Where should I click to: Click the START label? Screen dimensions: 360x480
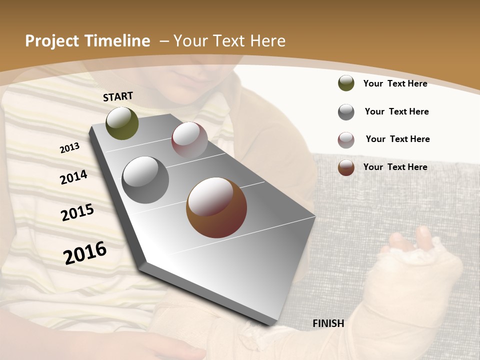pos(118,96)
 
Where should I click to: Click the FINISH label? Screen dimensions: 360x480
pos(328,323)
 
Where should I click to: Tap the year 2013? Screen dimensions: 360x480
pos(70,147)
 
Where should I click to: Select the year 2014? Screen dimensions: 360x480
pos(73,177)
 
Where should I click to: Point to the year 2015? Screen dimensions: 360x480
pos(77,212)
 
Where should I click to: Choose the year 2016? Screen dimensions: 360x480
pos(85,252)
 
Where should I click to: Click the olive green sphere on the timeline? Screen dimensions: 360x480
pos(122,123)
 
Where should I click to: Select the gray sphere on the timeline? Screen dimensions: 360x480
pos(145,180)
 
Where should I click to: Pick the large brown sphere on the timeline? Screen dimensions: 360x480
pos(216,207)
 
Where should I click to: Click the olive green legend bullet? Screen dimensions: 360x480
pos(346,83)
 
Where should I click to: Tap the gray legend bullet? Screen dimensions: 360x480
pos(346,112)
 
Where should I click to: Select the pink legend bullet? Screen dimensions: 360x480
pos(346,140)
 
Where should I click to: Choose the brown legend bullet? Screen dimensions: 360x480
pos(346,167)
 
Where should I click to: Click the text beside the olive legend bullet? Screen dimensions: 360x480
pos(395,83)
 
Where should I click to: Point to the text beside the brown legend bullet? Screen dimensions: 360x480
pos(395,167)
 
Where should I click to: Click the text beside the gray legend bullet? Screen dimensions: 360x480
pos(396,111)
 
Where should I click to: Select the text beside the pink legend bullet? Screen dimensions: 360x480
pos(397,139)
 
